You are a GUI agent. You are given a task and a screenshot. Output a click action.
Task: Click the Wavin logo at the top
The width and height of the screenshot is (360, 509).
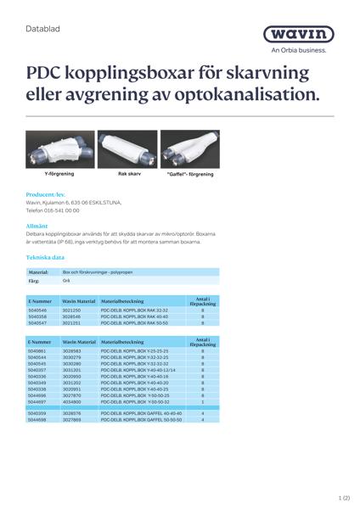click(298, 34)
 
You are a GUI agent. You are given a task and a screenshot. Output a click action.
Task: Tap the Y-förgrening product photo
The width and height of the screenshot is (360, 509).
click(59, 148)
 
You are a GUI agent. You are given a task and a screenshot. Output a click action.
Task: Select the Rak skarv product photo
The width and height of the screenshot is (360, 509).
click(128, 148)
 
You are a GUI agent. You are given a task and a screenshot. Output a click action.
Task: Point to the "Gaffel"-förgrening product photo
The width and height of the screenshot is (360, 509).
click(190, 148)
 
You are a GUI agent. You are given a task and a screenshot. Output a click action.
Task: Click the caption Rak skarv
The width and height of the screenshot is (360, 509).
click(129, 174)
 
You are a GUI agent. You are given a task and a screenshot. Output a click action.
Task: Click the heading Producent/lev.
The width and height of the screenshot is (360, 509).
click(46, 194)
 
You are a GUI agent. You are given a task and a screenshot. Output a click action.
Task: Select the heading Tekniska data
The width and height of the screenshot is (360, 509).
click(45, 256)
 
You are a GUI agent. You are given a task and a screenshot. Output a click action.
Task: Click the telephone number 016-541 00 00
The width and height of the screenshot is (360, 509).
click(58, 210)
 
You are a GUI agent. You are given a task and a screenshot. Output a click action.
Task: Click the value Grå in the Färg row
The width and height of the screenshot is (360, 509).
click(67, 280)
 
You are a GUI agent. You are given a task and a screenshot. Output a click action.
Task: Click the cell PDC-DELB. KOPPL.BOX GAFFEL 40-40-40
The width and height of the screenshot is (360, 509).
click(141, 413)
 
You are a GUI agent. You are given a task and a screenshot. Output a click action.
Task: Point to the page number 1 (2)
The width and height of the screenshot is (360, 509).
click(342, 497)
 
